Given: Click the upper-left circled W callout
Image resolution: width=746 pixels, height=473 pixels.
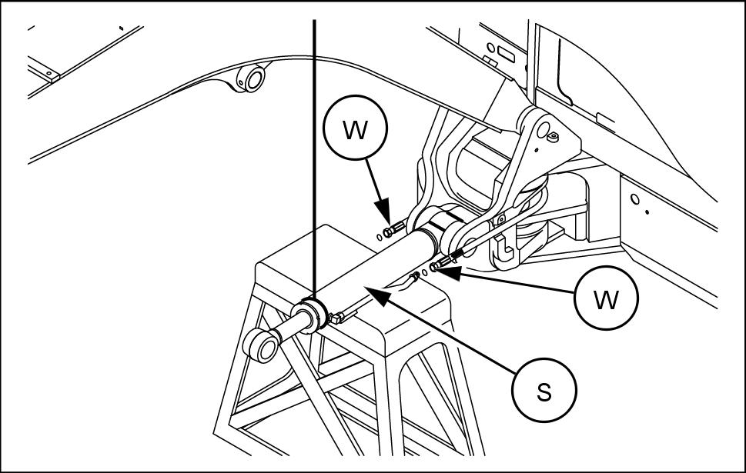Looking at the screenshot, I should click(x=355, y=130).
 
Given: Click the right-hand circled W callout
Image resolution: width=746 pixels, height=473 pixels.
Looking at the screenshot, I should click(x=607, y=298).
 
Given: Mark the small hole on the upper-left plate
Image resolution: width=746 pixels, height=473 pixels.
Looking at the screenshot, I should click(x=49, y=75).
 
